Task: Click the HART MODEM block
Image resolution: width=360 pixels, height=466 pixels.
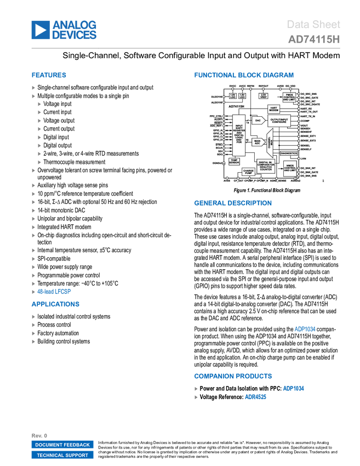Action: (275, 109)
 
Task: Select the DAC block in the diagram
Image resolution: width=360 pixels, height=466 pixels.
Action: (258, 120)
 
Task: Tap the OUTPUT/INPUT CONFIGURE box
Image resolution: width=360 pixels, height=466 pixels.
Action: (279, 120)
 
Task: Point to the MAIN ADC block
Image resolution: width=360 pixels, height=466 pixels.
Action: (257, 143)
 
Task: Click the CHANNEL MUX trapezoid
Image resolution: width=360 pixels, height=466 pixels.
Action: (270, 145)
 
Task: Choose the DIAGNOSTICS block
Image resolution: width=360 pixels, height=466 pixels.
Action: (289, 154)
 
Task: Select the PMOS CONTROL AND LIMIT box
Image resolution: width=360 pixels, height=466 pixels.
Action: (289, 97)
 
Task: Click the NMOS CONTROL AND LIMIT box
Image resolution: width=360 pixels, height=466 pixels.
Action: (290, 168)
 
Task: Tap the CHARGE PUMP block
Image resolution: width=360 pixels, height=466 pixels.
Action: (248, 172)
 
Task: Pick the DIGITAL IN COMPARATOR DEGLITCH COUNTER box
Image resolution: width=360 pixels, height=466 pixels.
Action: (266, 166)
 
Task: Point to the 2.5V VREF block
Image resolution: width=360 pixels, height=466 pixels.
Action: (264, 96)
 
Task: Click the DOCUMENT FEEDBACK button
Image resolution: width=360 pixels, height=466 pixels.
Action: (62, 445)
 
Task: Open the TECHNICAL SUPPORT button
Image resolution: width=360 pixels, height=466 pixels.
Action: (62, 455)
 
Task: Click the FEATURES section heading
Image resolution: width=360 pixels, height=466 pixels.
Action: (49, 76)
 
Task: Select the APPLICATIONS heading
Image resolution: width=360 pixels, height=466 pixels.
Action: (55, 304)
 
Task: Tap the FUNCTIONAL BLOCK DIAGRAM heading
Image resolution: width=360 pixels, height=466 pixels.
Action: (243, 75)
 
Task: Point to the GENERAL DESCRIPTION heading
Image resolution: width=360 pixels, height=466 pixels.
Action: (232, 203)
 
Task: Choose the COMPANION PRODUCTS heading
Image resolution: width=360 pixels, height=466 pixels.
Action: (233, 376)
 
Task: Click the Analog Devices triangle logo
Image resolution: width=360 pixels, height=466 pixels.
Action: (40, 30)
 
